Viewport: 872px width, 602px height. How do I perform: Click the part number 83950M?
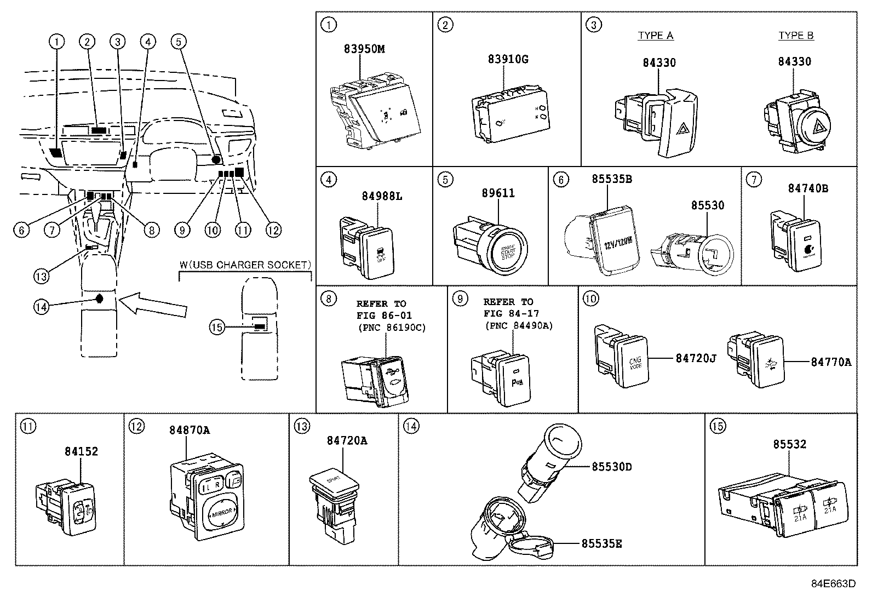[364, 49]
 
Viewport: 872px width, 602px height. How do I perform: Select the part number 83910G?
[508, 59]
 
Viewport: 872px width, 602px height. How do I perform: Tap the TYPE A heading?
[655, 36]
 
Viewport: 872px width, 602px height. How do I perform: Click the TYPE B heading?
[796, 36]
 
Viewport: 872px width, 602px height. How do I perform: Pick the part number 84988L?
[382, 196]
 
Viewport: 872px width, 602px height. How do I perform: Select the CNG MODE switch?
[635, 363]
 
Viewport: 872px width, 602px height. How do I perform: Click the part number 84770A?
[831, 362]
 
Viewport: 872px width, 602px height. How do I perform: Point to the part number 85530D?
[612, 467]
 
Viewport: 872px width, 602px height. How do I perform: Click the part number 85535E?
[601, 544]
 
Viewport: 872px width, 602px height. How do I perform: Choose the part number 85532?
[790, 444]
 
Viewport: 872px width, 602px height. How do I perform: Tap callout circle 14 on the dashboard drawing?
[41, 307]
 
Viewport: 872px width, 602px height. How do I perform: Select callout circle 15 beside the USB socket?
[217, 328]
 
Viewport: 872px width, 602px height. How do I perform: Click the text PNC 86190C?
[391, 328]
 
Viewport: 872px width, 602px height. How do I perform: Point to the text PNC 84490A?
[519, 325]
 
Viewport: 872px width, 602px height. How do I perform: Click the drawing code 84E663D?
[833, 583]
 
